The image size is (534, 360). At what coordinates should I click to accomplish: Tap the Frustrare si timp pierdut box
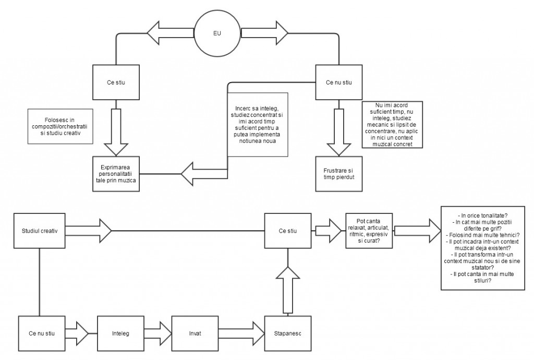338,173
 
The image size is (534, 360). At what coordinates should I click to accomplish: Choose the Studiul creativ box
40,230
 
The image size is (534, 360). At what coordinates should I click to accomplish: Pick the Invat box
195,333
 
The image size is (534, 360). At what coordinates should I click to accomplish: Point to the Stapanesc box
287,333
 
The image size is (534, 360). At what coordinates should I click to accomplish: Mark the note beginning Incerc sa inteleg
258,123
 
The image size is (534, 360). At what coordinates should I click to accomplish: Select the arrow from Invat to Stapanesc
241,333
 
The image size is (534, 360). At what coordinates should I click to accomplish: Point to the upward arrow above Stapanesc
287,290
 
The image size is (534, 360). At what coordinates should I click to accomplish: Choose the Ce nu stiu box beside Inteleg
42,333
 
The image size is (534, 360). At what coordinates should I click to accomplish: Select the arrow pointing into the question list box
417,230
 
